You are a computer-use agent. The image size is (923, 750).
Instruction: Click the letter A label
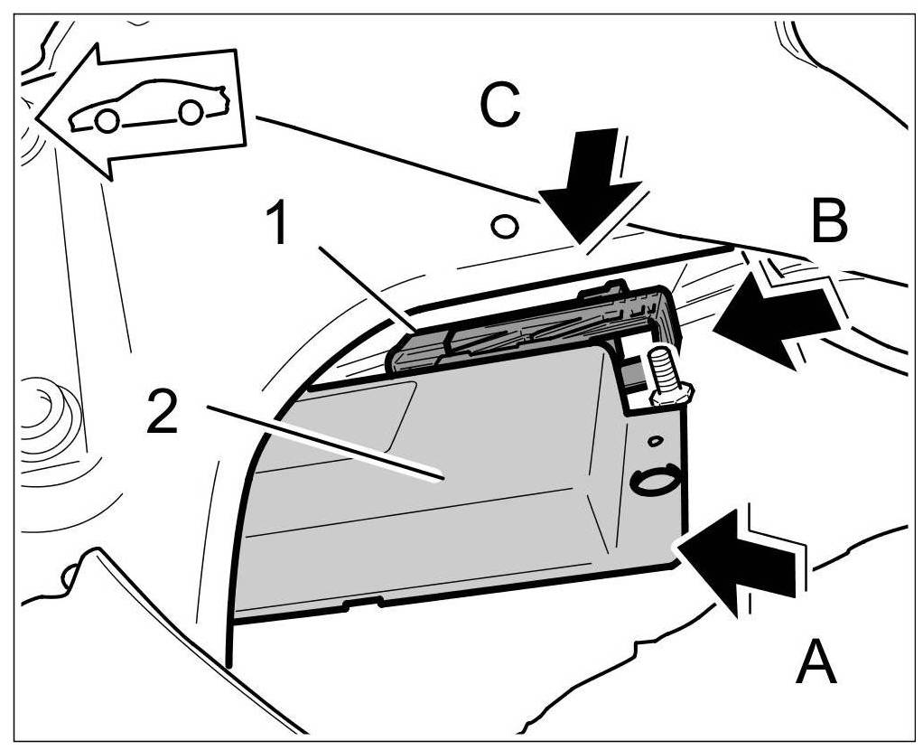pos(816,664)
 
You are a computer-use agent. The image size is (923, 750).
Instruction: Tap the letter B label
pos(829,220)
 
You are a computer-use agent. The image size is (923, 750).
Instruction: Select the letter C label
pos(499,107)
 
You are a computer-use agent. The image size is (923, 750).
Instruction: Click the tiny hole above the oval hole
pos(655,440)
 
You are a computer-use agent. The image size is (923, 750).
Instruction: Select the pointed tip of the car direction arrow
pos(39,114)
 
